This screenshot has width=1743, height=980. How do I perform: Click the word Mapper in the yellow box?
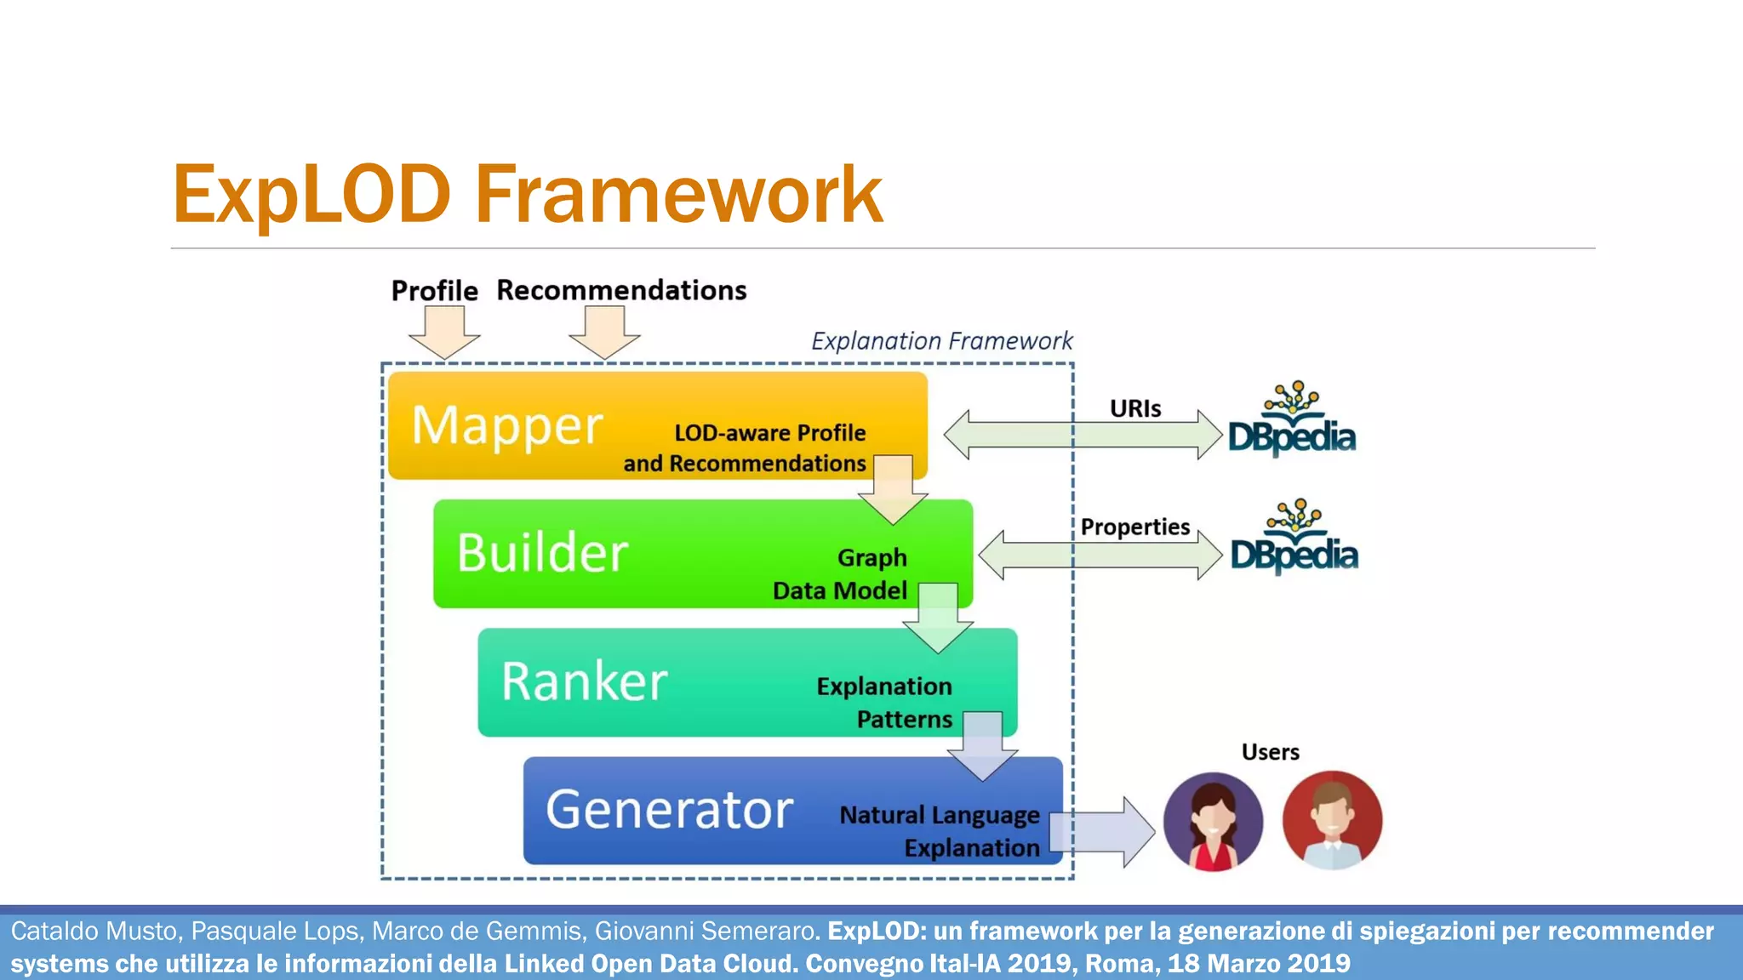pos(507,425)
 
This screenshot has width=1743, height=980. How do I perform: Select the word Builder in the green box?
pos(542,553)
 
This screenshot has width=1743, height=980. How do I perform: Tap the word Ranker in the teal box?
pos(584,681)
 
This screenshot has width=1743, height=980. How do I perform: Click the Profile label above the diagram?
pos(434,291)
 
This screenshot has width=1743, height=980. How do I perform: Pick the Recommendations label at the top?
pos(621,290)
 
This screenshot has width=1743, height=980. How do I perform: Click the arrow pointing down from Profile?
pos(444,333)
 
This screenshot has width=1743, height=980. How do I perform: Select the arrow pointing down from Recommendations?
pos(604,333)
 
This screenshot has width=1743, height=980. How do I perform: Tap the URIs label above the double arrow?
pos(1134,409)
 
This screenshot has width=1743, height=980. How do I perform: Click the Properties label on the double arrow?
pos(1134,527)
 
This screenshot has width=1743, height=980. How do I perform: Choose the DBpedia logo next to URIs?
pos(1291,420)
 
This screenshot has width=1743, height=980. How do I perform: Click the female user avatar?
pos(1212,822)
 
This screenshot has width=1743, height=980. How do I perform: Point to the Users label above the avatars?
pos(1270,753)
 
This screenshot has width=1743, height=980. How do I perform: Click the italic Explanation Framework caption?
pos(941,341)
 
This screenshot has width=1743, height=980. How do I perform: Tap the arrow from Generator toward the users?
pos(1103,832)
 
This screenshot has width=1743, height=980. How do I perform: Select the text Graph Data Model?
pos(841,574)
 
